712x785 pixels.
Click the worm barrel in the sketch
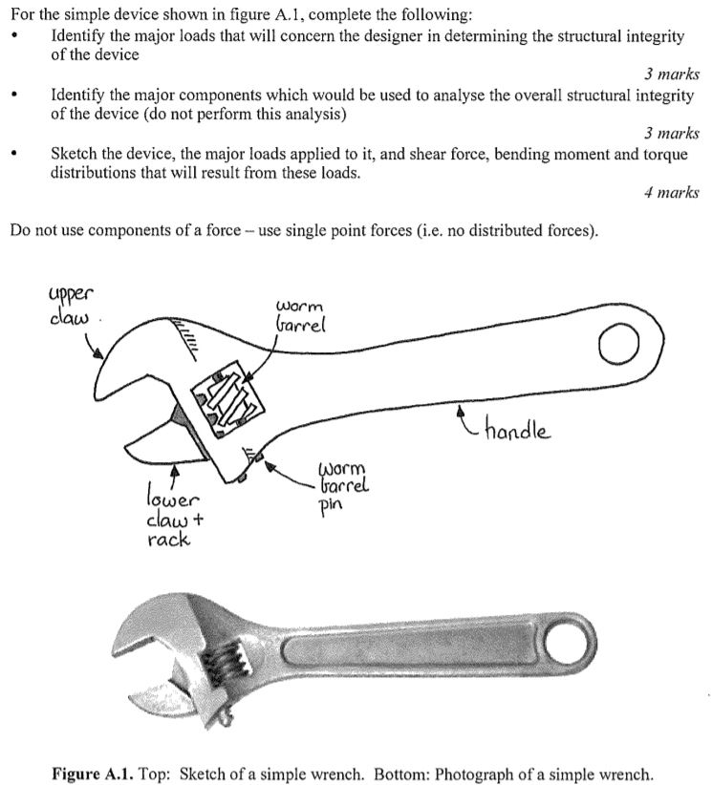228,399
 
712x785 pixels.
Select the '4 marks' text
672,193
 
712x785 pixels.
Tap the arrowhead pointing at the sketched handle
464,413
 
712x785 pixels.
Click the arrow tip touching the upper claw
102,358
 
